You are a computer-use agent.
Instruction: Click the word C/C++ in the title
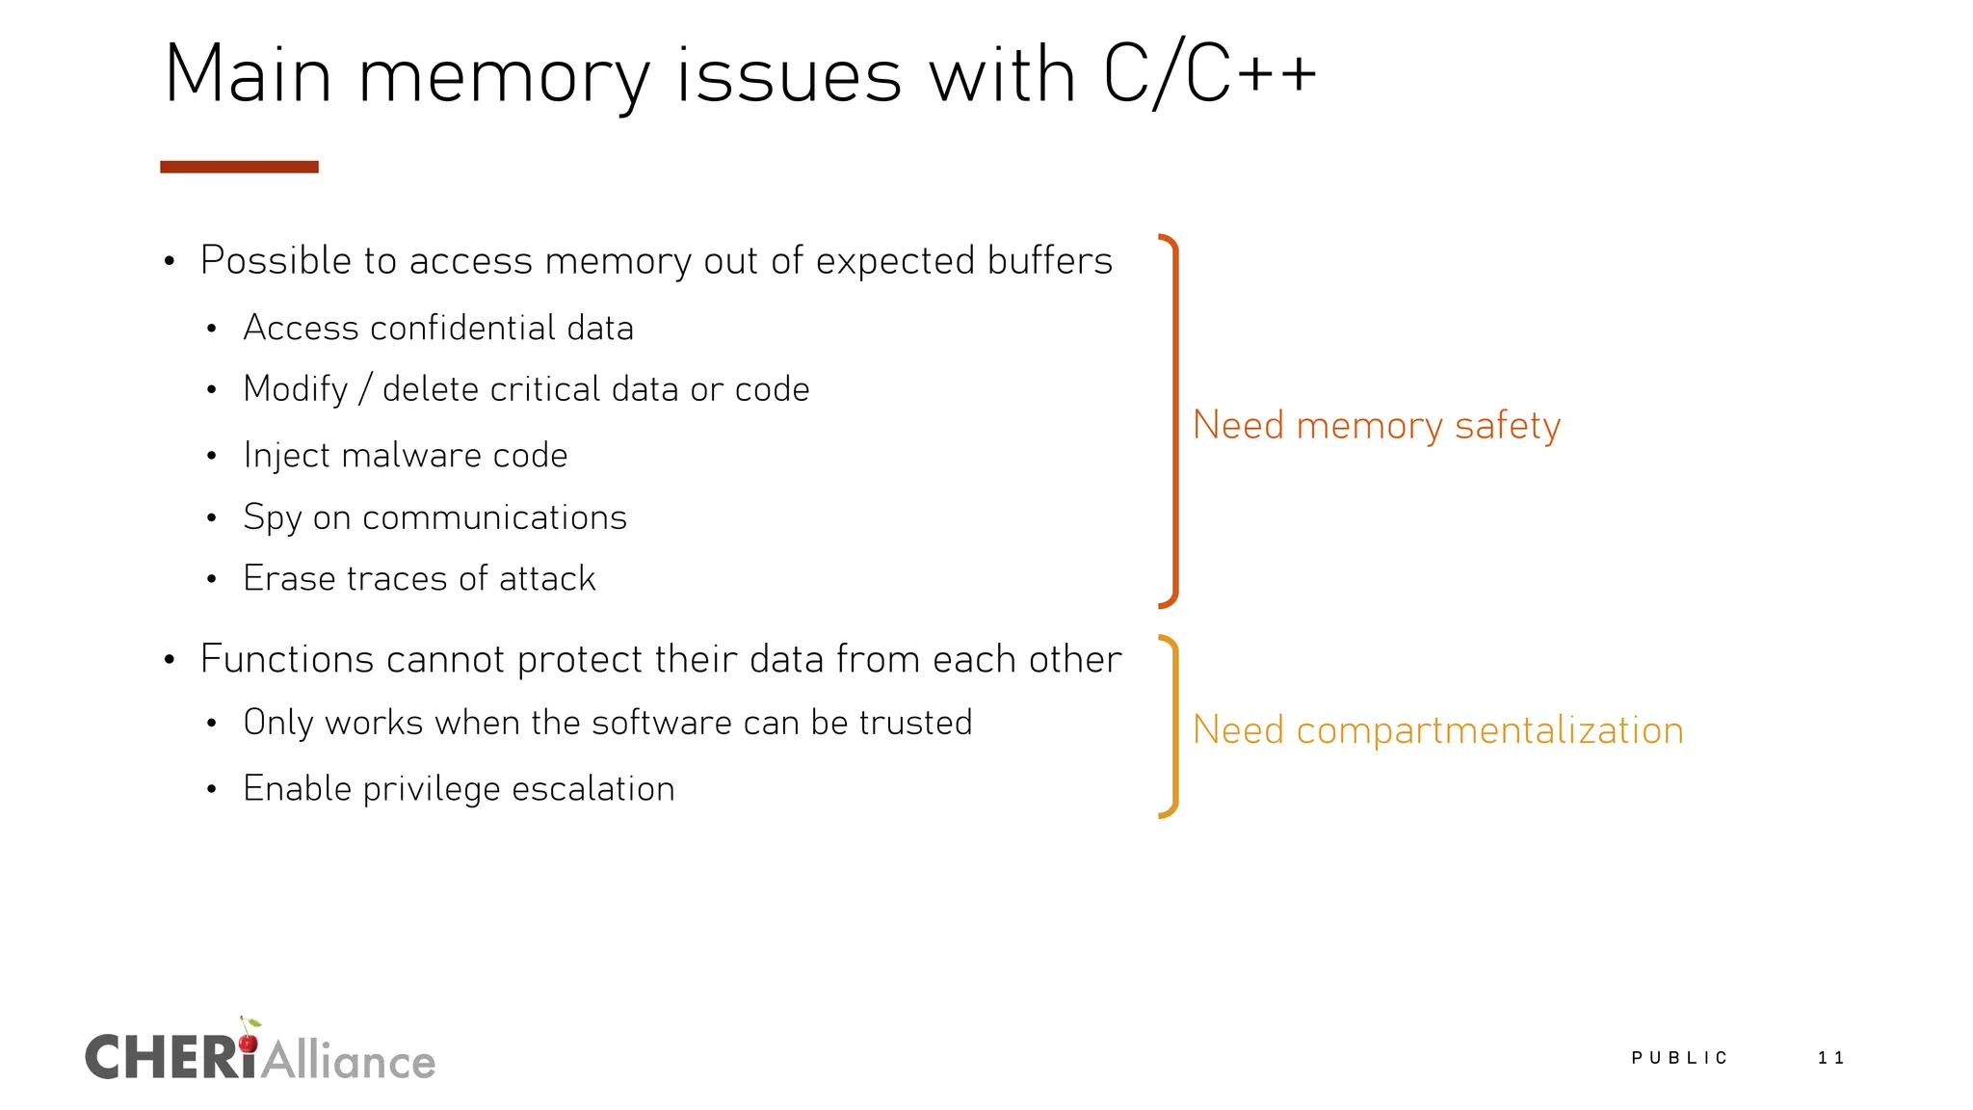tap(1209, 75)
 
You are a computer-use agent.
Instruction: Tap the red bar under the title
tap(239, 167)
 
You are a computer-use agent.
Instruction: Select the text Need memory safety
tap(1376, 425)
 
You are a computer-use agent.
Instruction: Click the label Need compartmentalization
tap(1437, 730)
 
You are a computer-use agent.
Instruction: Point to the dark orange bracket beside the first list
tap(1173, 421)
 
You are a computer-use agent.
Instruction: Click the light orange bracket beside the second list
tap(1173, 727)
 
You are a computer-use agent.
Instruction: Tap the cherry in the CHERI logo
tap(249, 1042)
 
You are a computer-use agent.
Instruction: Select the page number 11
tap(1830, 1058)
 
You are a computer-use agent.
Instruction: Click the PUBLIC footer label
tap(1679, 1058)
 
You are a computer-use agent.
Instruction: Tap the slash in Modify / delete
tap(365, 389)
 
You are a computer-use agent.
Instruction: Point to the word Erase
tap(289, 578)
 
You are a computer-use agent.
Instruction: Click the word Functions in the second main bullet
tap(286, 659)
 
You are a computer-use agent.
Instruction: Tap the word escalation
tap(592, 788)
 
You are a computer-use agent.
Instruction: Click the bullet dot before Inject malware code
tap(211, 456)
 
